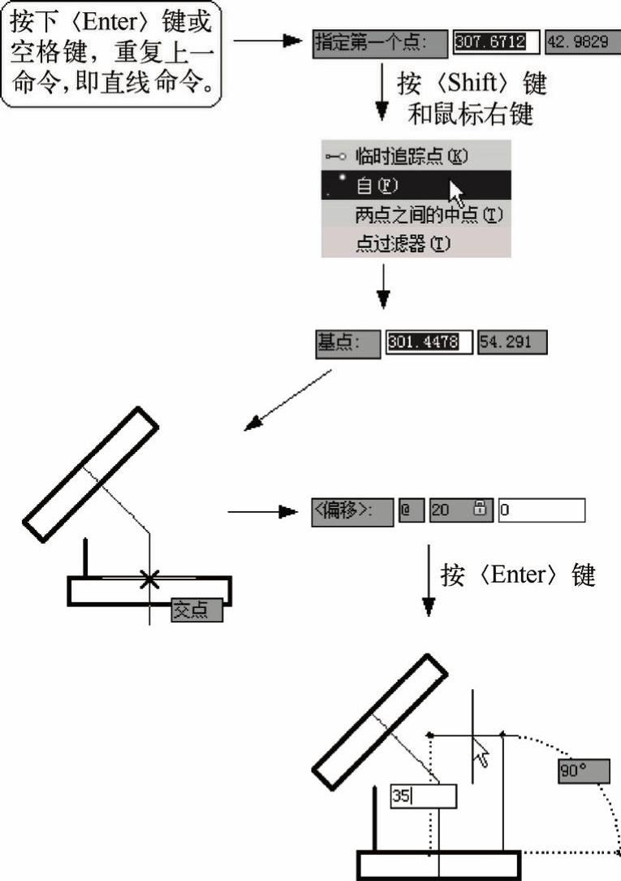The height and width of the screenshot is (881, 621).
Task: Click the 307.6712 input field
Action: click(497, 42)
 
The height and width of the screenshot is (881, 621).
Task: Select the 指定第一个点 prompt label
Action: click(381, 44)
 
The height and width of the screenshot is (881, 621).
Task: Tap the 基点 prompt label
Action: click(347, 343)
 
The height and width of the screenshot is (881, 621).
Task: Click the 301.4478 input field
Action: click(429, 342)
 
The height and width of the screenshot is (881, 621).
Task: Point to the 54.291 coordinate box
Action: click(512, 342)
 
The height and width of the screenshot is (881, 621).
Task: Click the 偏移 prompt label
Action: click(352, 511)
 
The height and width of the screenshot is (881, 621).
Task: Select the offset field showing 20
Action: click(461, 510)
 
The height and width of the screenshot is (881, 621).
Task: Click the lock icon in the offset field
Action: click(481, 508)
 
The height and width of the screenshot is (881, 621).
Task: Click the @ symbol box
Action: click(412, 510)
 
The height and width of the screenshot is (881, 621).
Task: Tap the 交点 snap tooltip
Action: click(197, 610)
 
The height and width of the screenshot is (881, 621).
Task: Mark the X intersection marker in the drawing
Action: click(149, 579)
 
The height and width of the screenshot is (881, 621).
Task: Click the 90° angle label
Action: click(584, 770)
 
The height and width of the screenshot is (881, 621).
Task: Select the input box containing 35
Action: click(424, 796)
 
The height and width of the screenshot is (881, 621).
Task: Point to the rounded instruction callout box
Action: click(111, 54)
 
